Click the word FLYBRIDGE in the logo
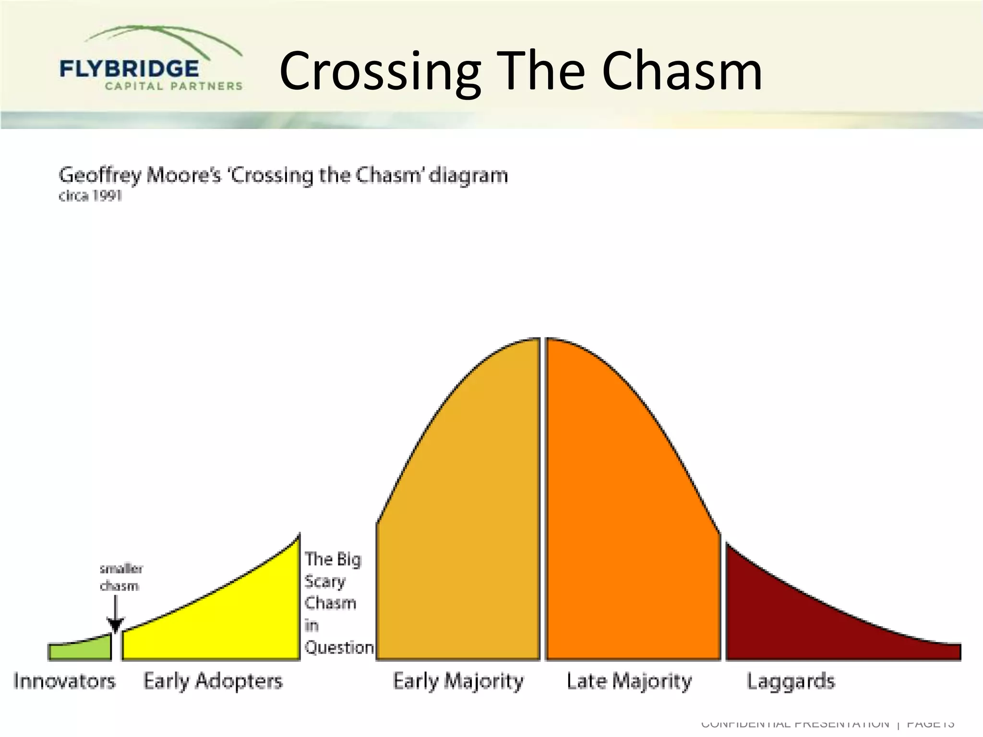coord(129,69)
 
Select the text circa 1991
coord(90,196)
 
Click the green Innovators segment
coord(79,650)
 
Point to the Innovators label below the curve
coord(64,681)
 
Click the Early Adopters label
coord(213,681)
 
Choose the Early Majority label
coord(458,681)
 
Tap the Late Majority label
coord(629,681)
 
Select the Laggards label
coord(791,681)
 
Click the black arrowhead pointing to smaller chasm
coord(115,626)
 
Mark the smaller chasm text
coord(120,578)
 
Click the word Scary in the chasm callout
coord(325,582)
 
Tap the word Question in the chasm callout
coord(339,648)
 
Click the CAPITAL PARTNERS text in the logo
coord(174,86)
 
